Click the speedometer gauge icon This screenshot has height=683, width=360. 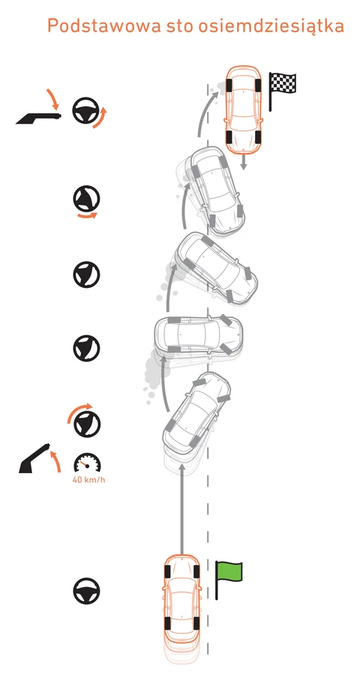coord(87,463)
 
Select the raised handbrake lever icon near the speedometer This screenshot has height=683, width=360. coord(34,458)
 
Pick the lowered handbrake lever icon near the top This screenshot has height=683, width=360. coord(38,118)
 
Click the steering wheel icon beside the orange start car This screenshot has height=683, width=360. coord(86,591)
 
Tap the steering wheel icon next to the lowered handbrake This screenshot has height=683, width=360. coord(85,110)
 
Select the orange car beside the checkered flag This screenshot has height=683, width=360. coord(243,109)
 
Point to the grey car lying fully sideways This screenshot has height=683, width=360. coord(199,335)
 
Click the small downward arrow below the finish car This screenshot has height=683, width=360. coord(244,163)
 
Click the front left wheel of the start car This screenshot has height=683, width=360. coord(167,572)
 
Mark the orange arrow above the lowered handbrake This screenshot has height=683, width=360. coord(52,99)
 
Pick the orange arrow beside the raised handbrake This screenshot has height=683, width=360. coord(56,462)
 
